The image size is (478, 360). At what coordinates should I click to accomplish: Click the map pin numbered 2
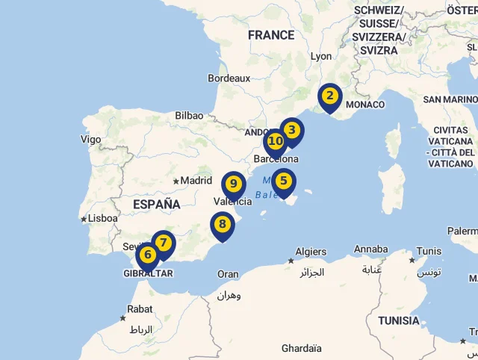(x=329, y=96)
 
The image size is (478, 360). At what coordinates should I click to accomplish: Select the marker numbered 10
(x=276, y=141)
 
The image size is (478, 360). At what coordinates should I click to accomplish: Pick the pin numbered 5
(x=283, y=181)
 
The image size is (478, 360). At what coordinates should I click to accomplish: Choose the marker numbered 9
(x=234, y=184)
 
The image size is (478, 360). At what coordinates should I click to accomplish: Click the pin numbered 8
(x=222, y=224)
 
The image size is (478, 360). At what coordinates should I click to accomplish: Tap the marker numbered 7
(x=163, y=243)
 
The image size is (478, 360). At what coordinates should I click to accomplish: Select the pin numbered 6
(x=148, y=255)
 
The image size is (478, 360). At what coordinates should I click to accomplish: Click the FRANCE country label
(x=271, y=35)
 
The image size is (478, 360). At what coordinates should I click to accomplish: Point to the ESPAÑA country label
(x=157, y=204)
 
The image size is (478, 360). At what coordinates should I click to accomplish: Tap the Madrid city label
(x=196, y=180)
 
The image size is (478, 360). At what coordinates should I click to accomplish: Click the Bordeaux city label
(x=229, y=78)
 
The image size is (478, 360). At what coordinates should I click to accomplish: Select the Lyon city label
(x=321, y=56)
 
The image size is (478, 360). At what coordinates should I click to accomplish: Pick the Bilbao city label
(x=189, y=115)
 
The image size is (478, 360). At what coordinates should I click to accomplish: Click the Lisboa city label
(x=102, y=218)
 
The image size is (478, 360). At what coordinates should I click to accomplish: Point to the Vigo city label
(x=90, y=139)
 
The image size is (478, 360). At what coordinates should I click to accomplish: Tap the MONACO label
(x=365, y=105)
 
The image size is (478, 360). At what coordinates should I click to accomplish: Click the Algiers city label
(x=311, y=252)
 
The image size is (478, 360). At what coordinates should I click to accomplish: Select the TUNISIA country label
(x=398, y=320)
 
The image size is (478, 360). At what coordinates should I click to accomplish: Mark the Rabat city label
(x=140, y=308)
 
